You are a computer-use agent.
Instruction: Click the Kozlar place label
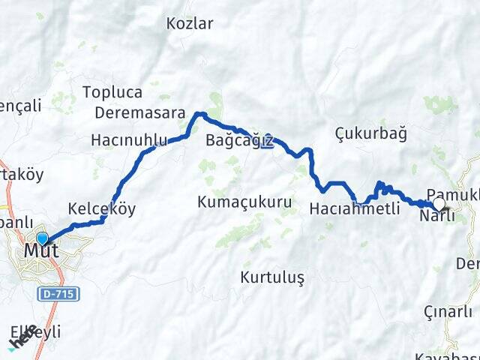click(x=190, y=23)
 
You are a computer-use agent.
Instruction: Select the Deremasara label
click(x=140, y=113)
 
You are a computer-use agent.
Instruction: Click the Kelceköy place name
click(x=101, y=208)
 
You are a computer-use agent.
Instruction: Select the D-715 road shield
click(x=60, y=294)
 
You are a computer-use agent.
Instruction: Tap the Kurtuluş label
click(x=272, y=277)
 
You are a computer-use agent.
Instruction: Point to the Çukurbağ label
click(x=370, y=133)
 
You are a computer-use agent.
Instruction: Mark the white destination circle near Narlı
click(x=439, y=203)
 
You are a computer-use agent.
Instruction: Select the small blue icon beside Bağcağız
click(x=268, y=139)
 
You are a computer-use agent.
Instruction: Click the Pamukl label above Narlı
click(x=451, y=193)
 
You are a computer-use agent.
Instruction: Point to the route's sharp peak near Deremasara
click(x=199, y=114)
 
